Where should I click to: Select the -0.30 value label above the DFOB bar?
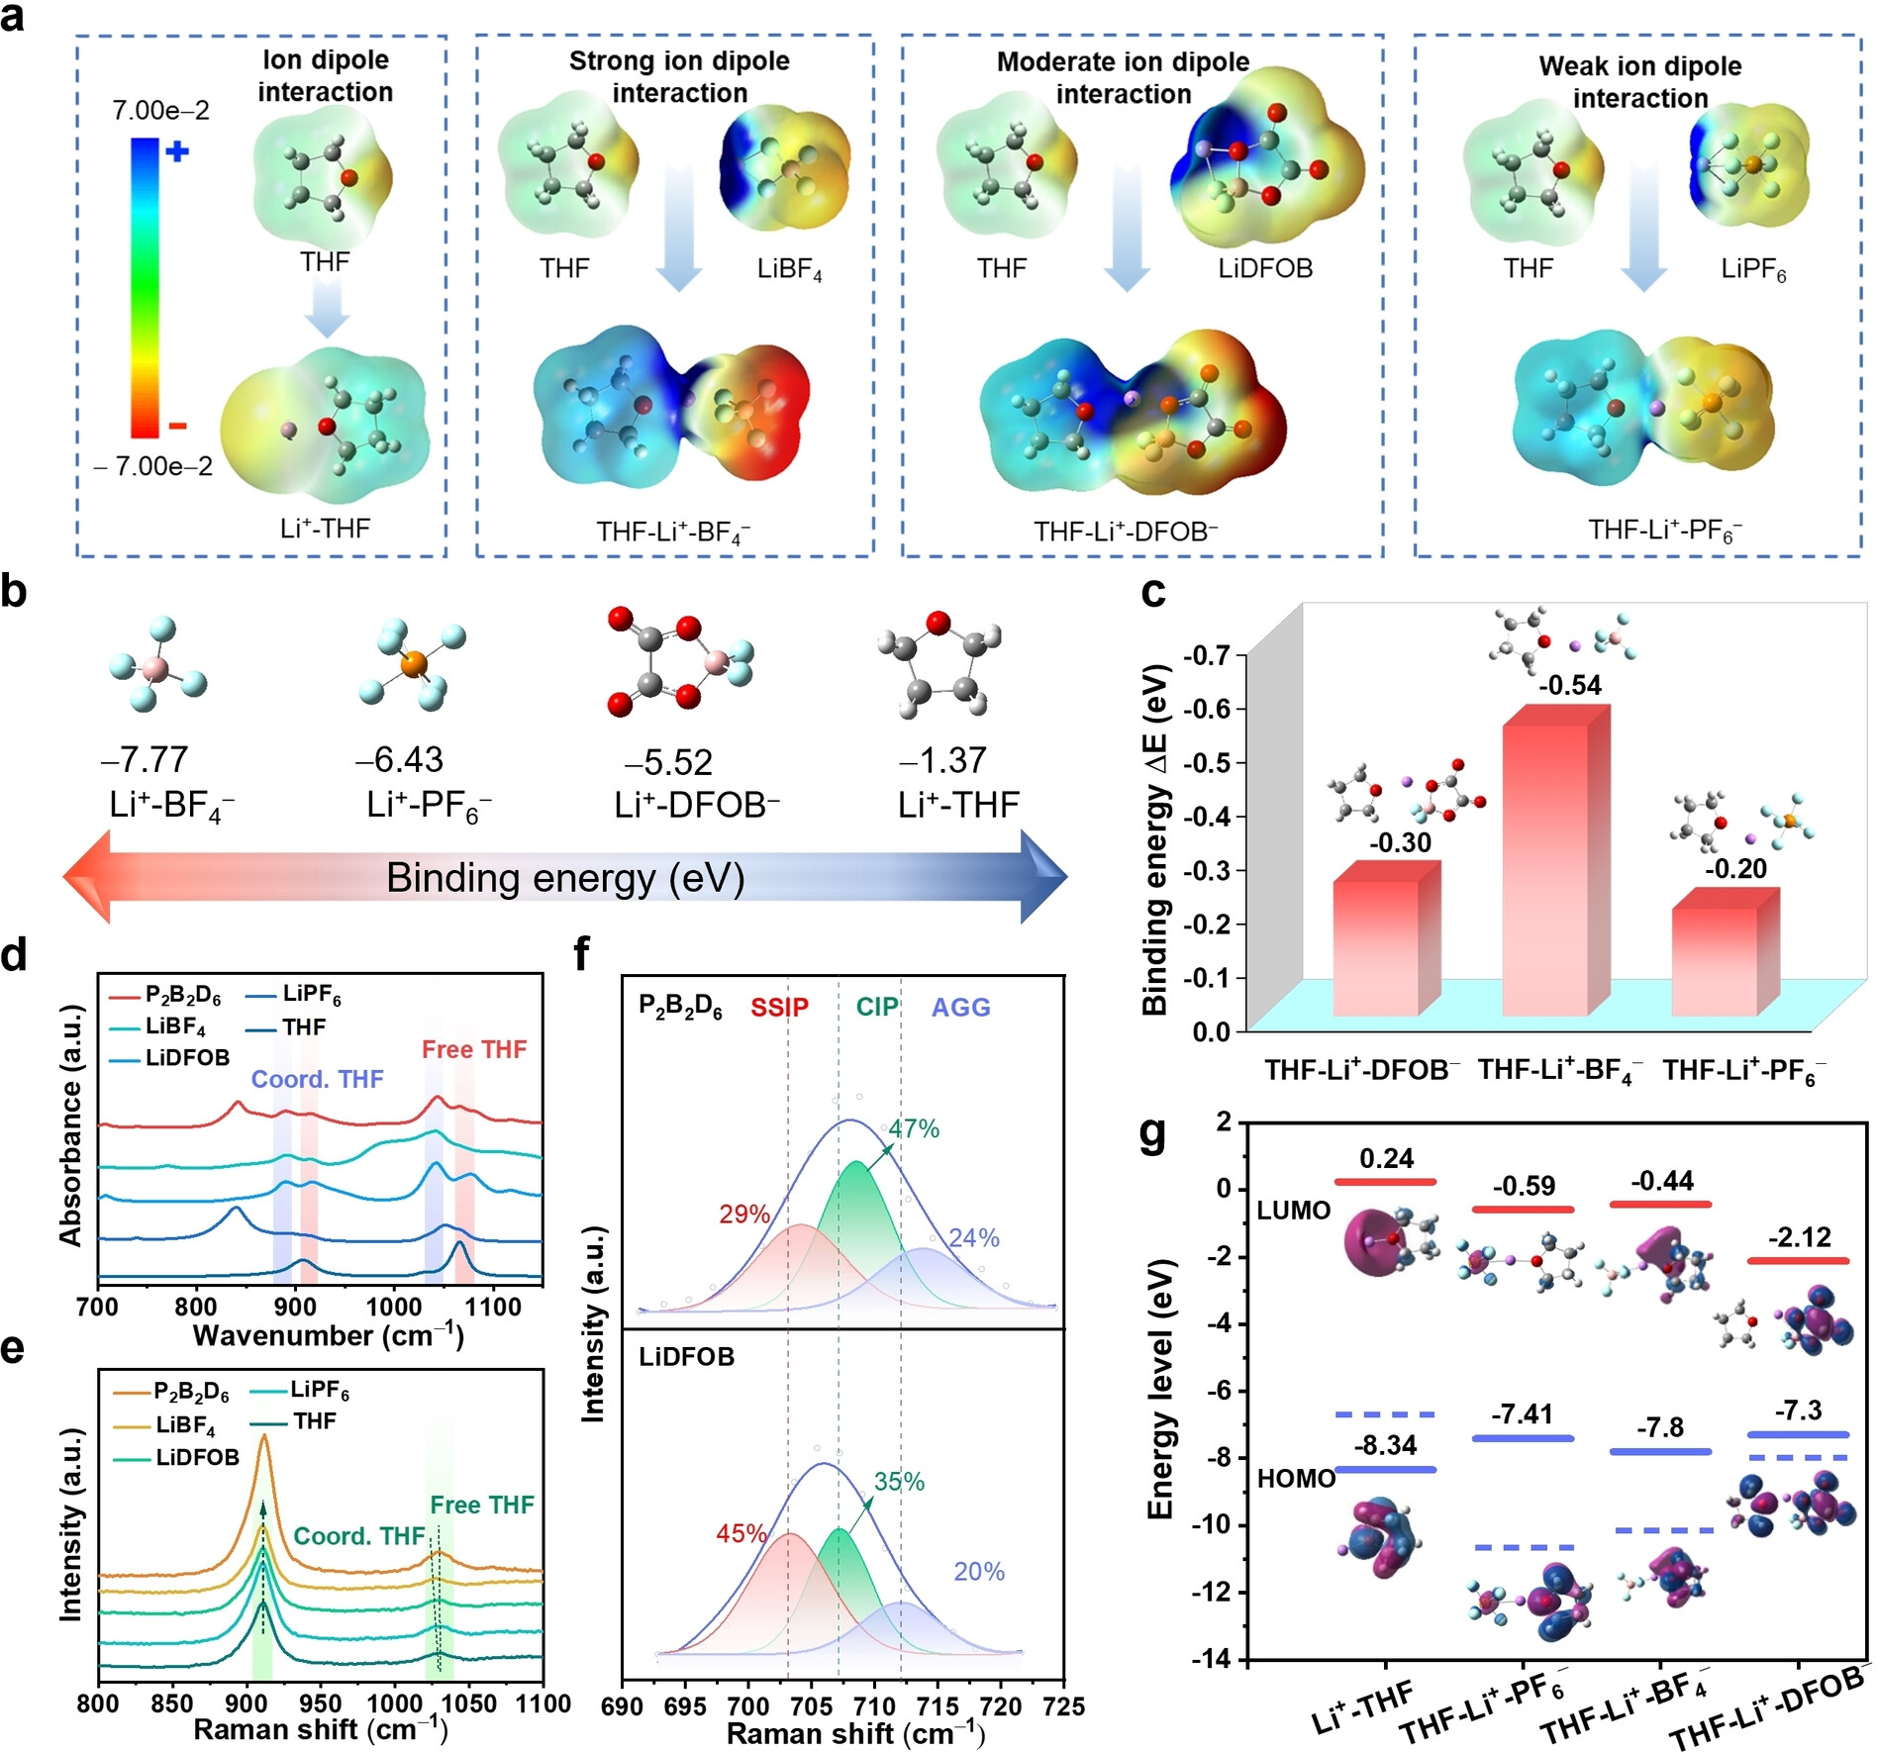coord(1400,842)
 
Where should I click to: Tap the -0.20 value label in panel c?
coord(1735,868)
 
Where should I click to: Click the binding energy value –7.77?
coord(145,759)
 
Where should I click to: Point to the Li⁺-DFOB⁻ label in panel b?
coord(696,805)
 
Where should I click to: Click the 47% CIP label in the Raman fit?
coord(913,1128)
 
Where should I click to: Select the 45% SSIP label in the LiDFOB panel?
coord(741,1533)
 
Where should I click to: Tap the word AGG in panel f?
coord(960,1008)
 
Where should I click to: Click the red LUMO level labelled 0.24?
coord(1385,1182)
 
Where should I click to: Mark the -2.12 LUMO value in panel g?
coord(1799,1237)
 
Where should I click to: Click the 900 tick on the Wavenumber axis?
coord(295,1307)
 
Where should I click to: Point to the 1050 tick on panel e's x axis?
coord(468,1703)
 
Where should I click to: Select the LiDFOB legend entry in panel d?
coord(187,1057)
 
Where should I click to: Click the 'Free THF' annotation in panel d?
coord(474,1049)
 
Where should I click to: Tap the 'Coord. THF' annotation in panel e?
coord(359,1535)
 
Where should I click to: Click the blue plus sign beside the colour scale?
coord(177,151)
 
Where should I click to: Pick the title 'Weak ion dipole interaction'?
coord(1639,82)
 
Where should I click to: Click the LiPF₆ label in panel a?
coord(1752,269)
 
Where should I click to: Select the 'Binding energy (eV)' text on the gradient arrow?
coord(565,878)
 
